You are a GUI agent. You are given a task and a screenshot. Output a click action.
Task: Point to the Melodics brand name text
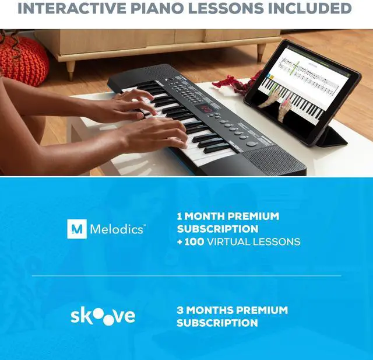coord(116,229)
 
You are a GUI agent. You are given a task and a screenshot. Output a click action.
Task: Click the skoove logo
coord(103,316)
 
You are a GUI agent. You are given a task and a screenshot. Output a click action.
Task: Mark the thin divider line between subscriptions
coord(186,276)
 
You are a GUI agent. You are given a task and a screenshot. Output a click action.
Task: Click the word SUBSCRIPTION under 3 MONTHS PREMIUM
coord(217,323)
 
